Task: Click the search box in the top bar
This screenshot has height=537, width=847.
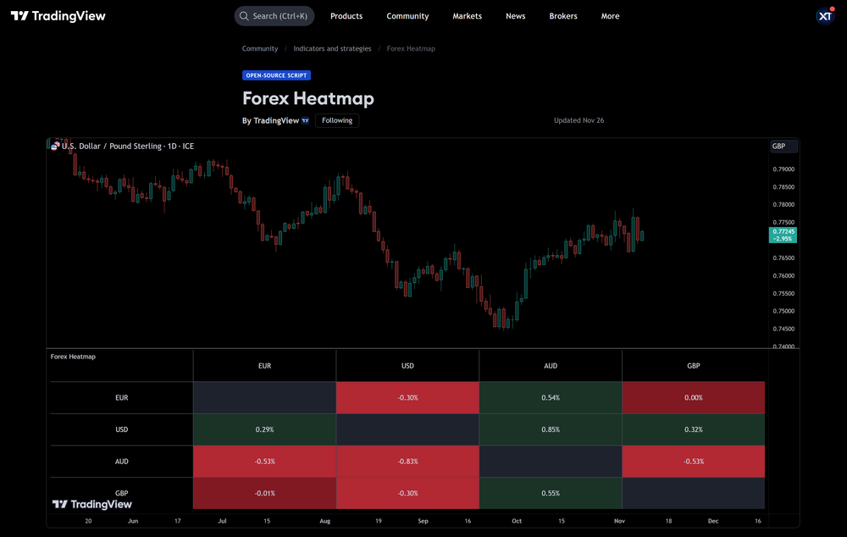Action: (274, 16)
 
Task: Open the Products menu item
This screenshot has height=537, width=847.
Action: (346, 16)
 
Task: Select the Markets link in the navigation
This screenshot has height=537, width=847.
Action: (467, 16)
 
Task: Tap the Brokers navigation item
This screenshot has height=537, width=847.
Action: (562, 16)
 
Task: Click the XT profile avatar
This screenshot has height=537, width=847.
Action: (825, 16)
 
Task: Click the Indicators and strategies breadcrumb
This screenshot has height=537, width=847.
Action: (332, 48)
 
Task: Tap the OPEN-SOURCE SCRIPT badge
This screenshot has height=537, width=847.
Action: (276, 75)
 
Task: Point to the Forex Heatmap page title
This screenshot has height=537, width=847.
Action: (307, 98)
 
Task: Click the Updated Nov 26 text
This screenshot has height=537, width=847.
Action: (579, 120)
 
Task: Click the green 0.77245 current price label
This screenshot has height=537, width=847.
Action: (783, 235)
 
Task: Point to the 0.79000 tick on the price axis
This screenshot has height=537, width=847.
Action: (783, 169)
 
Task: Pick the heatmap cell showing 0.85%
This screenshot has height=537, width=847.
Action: (551, 429)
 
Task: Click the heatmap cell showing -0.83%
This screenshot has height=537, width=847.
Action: (407, 462)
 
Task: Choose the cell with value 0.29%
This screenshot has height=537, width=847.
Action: (264, 429)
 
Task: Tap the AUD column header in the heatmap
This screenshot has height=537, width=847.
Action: (551, 366)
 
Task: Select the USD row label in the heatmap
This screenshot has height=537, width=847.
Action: (122, 429)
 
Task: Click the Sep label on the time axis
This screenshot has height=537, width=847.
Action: (423, 521)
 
